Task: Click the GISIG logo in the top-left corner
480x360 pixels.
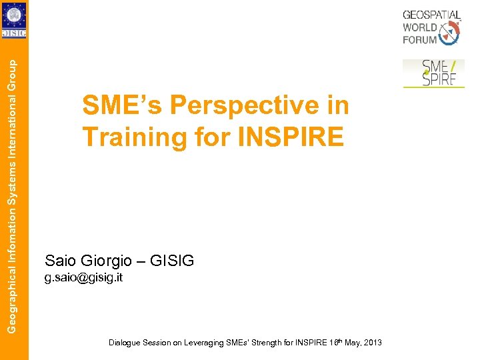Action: (x=14, y=20)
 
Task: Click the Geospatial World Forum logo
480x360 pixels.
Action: (x=431, y=27)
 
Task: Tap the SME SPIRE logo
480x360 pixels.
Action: (x=433, y=73)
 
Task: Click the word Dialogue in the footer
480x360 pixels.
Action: (x=124, y=343)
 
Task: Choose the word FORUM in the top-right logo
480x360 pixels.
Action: (x=420, y=40)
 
